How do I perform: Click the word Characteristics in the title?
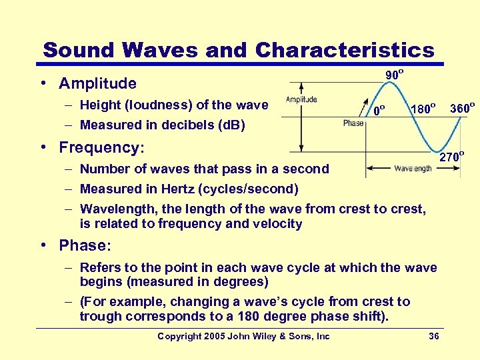pos(344,50)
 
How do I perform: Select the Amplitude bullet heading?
pos(97,84)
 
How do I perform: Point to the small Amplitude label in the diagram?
pos(301,100)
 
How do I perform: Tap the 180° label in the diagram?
pos(423,107)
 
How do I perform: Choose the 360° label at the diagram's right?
pos(462,107)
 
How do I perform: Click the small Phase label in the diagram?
pos(353,123)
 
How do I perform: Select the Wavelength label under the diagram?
pos(413,169)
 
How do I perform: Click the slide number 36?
pos(433,336)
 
